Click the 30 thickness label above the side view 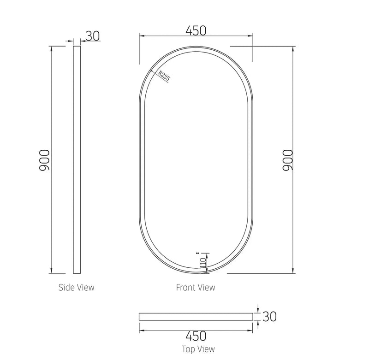(93, 36)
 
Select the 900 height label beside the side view (44, 160)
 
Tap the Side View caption (77, 288)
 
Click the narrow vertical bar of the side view (77, 159)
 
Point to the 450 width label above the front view (196, 30)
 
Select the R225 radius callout (164, 76)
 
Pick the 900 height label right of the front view (286, 160)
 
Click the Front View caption (196, 288)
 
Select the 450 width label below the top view (196, 336)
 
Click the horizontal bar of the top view (196, 317)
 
